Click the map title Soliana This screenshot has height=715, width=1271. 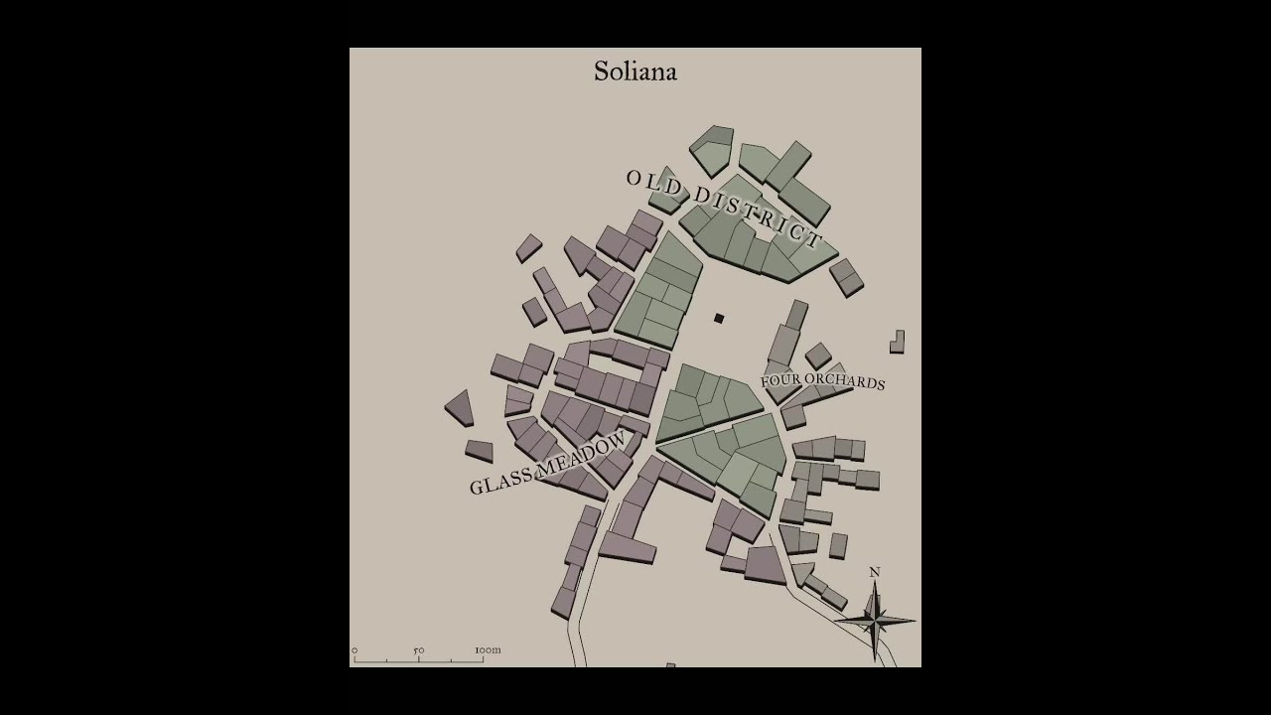coord(635,71)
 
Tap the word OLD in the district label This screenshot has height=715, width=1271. coord(654,183)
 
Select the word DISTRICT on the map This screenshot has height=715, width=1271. coord(759,215)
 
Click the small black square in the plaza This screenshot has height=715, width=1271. coord(719,318)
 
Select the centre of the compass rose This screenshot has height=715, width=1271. coord(875,621)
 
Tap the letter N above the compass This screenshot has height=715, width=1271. coord(875,572)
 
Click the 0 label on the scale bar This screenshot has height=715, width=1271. coord(354,650)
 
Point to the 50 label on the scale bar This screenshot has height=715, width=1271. coord(419,650)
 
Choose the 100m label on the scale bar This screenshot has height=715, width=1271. coord(488,650)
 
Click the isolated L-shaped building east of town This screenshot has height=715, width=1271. coord(897,343)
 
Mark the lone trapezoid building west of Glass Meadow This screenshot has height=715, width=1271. coord(460,407)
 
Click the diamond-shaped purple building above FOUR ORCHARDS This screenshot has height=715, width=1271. coord(818,356)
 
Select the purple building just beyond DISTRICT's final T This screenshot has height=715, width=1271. coord(847,277)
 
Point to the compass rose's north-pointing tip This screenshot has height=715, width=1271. coord(875,585)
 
